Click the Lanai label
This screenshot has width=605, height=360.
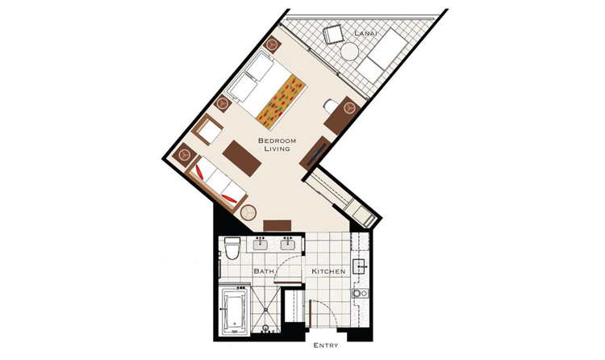(365, 34)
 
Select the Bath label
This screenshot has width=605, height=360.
(264, 271)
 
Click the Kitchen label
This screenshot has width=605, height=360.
(328, 271)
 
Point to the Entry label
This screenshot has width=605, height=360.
(326, 345)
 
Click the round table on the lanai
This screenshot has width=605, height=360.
(350, 52)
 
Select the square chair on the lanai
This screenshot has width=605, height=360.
(333, 34)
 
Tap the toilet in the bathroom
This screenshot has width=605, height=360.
(232, 248)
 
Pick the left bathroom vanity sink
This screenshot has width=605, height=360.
(261, 244)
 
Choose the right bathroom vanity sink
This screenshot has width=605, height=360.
(287, 244)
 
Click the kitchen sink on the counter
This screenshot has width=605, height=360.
(359, 266)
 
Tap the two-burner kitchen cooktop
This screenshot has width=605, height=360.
(361, 294)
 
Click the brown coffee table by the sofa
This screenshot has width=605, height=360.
(242, 158)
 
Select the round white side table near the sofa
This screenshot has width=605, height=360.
(248, 212)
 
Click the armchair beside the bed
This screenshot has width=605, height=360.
(207, 130)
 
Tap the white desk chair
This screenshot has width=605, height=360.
(330, 106)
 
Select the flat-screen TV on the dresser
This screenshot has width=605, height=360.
(316, 154)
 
